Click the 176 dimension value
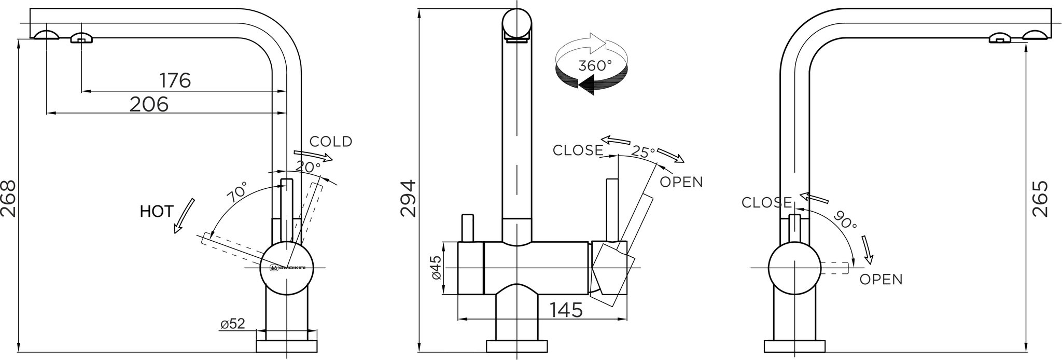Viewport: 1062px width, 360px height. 175,80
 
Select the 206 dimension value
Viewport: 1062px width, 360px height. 149,104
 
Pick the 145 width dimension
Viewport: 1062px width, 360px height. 566,310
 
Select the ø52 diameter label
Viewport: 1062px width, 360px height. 232,324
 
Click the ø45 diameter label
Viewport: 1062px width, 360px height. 437,268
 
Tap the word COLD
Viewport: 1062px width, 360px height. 331,142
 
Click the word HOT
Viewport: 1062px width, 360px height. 156,212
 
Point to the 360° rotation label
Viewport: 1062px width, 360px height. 595,66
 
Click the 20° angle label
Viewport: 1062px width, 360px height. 308,167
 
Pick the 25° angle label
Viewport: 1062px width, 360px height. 643,151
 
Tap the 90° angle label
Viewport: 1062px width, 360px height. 845,220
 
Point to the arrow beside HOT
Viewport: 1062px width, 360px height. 184,216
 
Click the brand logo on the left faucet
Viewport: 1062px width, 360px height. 287,268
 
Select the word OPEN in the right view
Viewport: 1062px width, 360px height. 881,280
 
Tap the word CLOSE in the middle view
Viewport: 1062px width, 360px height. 578,150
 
